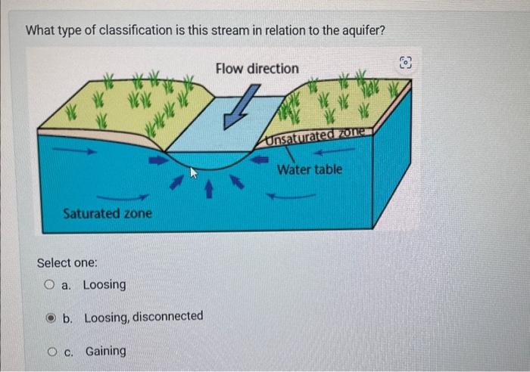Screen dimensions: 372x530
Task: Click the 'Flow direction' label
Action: [x=257, y=69]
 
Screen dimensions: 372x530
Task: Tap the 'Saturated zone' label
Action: [x=108, y=213]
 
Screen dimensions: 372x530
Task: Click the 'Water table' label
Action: [x=309, y=169]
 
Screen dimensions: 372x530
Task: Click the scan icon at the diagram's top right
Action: [x=405, y=62]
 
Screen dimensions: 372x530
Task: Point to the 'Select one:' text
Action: [x=67, y=262]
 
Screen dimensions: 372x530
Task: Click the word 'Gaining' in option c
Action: [x=106, y=351]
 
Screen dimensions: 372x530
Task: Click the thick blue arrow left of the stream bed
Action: [x=157, y=160]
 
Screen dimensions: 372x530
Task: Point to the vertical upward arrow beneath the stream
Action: [x=210, y=184]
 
